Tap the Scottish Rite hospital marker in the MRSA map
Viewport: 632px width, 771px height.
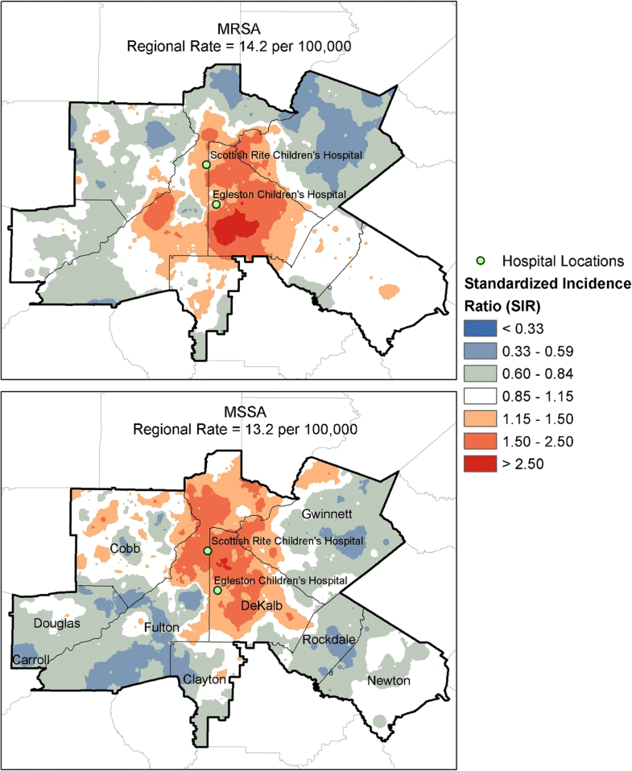click(x=206, y=164)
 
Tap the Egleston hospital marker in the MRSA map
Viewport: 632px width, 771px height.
click(x=216, y=204)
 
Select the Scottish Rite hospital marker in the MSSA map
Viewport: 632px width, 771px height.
click(x=207, y=551)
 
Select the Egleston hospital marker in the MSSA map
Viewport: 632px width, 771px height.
click(x=217, y=591)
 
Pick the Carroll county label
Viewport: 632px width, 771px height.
click(x=30, y=660)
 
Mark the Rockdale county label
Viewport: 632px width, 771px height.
click(x=326, y=639)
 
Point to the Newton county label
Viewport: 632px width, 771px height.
click(x=389, y=681)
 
